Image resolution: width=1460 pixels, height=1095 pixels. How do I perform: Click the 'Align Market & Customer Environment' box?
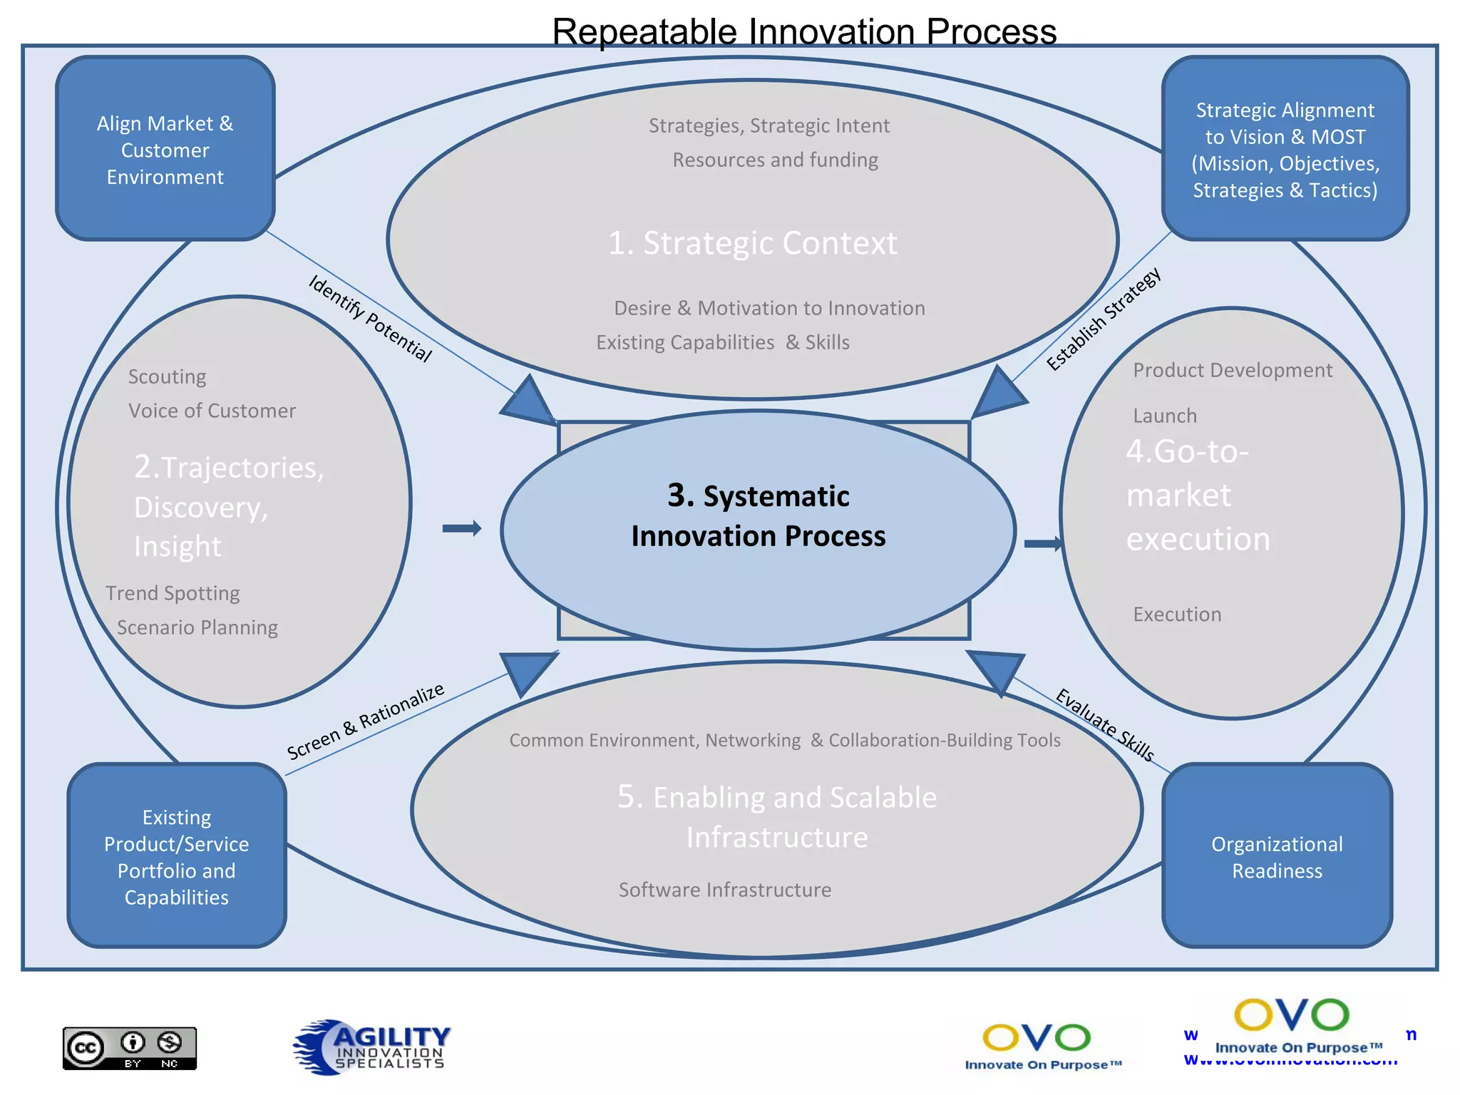tap(165, 149)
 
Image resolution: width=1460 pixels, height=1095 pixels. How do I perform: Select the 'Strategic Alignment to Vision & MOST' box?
tap(1285, 149)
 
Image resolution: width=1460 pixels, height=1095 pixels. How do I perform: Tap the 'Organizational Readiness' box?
tap(1277, 856)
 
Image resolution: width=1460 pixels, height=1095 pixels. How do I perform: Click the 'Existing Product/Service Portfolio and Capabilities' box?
tap(177, 856)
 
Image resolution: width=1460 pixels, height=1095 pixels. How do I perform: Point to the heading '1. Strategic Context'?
tap(752, 243)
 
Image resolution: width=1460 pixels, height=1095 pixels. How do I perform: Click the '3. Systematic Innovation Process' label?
tap(758, 516)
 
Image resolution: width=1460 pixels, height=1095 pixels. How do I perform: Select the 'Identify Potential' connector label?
tap(370, 319)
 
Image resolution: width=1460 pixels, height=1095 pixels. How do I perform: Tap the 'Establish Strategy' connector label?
tap(1104, 319)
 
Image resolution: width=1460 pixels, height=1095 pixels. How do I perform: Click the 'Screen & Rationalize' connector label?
tap(366, 721)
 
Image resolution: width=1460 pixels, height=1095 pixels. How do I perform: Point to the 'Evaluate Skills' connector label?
tap(1104, 724)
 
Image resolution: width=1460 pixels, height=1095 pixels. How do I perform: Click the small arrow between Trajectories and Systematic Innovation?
tap(462, 528)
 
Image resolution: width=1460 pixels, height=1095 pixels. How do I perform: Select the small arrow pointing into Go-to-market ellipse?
tap(1043, 544)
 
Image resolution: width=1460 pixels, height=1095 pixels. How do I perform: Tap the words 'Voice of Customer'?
tap(212, 411)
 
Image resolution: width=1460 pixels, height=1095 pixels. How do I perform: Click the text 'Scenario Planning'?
tap(197, 627)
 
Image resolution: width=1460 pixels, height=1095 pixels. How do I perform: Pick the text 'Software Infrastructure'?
tap(725, 890)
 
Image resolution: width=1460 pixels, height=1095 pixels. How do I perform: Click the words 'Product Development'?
tap(1233, 370)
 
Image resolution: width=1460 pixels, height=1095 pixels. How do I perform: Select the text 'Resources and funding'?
tap(776, 160)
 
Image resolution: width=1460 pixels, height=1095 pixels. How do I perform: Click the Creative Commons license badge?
tap(130, 1048)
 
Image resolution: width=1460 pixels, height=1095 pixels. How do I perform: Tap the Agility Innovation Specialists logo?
tap(372, 1047)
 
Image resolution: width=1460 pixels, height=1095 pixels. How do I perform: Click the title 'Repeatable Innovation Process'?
tap(804, 31)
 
